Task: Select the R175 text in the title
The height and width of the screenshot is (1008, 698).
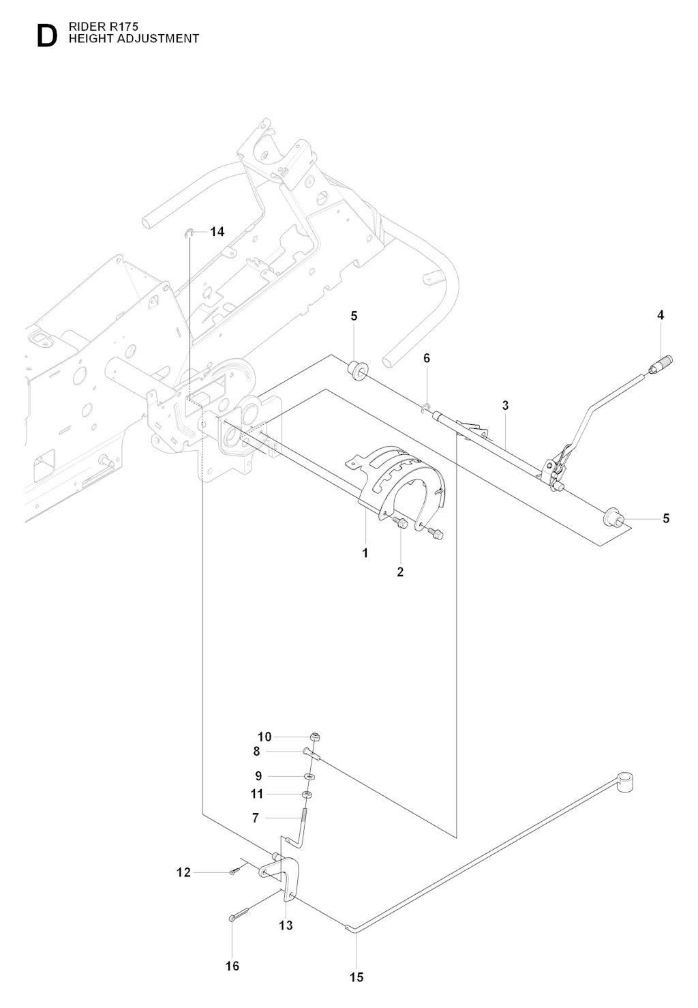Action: pos(123,27)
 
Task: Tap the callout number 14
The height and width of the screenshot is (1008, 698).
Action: pos(217,232)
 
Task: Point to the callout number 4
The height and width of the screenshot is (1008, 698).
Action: pos(661,315)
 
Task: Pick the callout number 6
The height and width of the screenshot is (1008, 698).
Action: pos(427,358)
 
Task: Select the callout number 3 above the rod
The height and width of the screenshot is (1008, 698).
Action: pos(505,405)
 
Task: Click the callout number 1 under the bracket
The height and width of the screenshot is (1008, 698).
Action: pos(365,553)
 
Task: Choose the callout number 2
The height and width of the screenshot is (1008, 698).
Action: pos(400,572)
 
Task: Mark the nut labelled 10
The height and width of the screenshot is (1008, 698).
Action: pos(314,737)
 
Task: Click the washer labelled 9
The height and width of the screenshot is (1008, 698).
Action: pos(310,776)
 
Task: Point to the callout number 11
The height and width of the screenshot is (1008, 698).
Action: pos(256,794)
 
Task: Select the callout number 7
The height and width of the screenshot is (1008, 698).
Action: pos(255,817)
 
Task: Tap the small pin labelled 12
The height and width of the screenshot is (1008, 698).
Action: pos(233,872)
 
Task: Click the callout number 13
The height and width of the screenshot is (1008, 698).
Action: pos(286,925)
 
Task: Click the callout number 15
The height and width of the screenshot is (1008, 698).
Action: pos(356,977)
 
